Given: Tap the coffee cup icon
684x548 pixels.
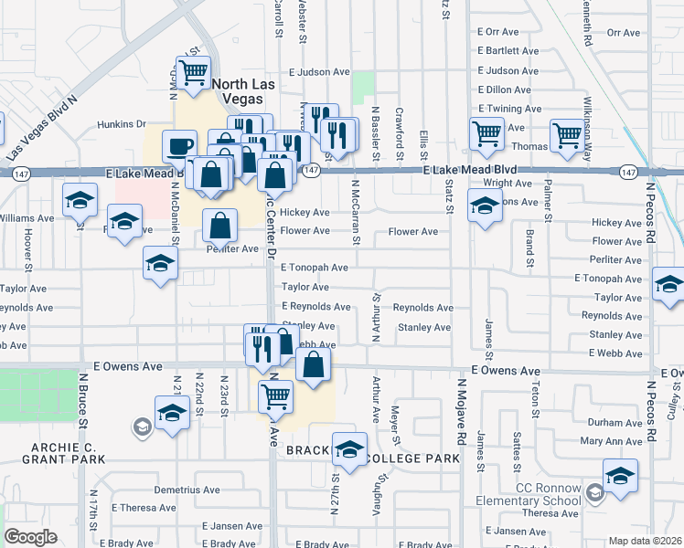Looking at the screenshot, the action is pos(179,145).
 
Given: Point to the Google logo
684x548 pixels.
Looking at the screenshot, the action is pos(30,537).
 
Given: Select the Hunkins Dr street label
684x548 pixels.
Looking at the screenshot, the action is pos(123,124).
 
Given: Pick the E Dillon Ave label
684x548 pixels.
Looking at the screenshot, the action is pos(505,90).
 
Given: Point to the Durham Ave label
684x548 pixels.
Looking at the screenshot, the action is pos(615,423).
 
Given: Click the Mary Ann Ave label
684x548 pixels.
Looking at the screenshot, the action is pos(612,441).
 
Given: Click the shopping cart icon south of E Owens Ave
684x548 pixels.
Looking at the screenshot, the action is pos(276,396).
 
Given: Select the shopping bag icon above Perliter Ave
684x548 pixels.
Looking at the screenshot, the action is pos(220,224).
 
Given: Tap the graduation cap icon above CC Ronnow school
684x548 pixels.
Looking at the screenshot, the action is pos(620,475).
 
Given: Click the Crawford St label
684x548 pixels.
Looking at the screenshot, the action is pos(400,132).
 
